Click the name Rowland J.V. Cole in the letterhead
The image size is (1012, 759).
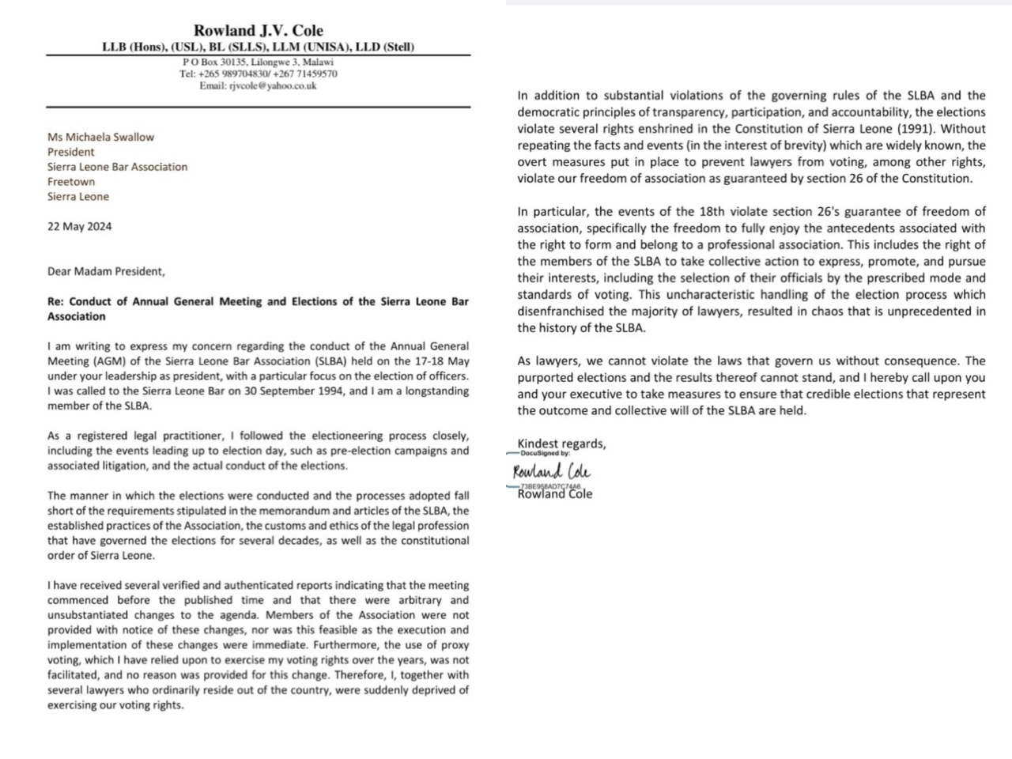[259, 31]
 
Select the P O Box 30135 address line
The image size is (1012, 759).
[258, 62]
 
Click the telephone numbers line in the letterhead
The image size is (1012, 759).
[258, 74]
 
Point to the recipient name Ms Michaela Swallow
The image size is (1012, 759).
[100, 137]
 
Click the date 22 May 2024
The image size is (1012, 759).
[79, 226]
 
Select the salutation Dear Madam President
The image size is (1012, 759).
[106, 271]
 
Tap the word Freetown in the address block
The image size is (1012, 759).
[70, 182]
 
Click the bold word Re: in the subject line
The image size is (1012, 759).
[55, 301]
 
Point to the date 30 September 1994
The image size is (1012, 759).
[290, 391]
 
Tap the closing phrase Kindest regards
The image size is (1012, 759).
[561, 444]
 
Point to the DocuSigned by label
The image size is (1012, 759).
[545, 453]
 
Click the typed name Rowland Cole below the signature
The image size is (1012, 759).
[554, 495]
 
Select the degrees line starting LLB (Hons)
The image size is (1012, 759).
[258, 47]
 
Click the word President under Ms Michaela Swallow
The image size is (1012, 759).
[70, 152]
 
